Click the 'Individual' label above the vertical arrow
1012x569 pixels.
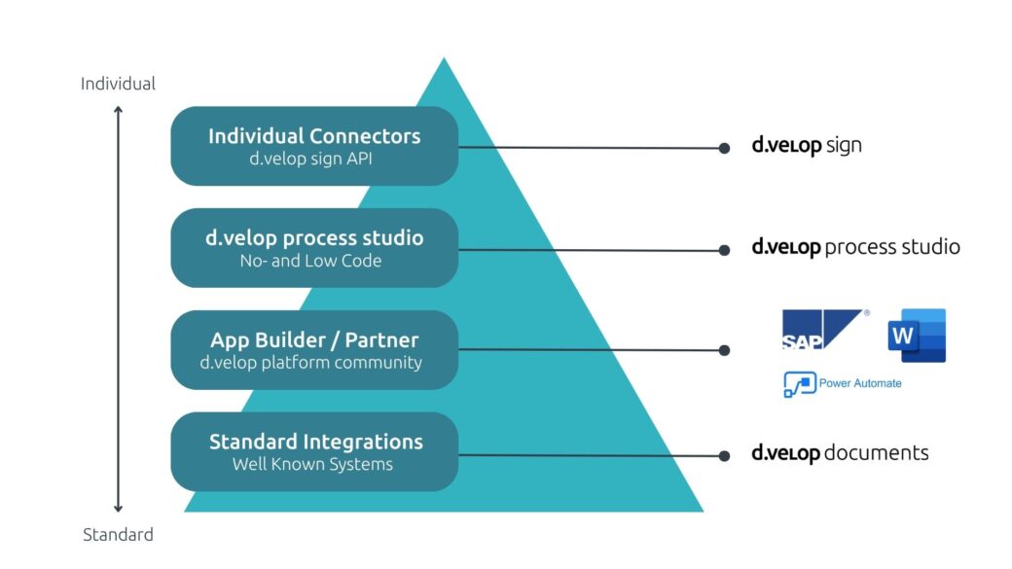click(118, 84)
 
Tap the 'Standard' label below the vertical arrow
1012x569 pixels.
click(118, 534)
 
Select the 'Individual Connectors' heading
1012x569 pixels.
click(314, 136)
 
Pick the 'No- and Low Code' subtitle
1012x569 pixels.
click(310, 262)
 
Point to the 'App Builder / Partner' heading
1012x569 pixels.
click(314, 340)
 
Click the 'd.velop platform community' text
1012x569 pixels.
click(311, 363)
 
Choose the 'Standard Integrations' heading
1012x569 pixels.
click(316, 442)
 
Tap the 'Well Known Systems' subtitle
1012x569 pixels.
click(312, 465)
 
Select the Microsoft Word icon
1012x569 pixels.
click(917, 336)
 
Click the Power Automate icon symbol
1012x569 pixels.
click(799, 384)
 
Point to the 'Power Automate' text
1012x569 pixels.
click(860, 383)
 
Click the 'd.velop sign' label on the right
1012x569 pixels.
click(807, 146)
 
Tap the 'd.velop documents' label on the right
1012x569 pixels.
click(840, 453)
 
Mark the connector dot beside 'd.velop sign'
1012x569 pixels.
click(724, 149)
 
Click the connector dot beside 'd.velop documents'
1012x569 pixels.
click(724, 455)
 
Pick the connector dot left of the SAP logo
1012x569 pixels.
click(724, 350)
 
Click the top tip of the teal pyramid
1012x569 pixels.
click(444, 61)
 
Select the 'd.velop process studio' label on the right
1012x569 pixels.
click(855, 247)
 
